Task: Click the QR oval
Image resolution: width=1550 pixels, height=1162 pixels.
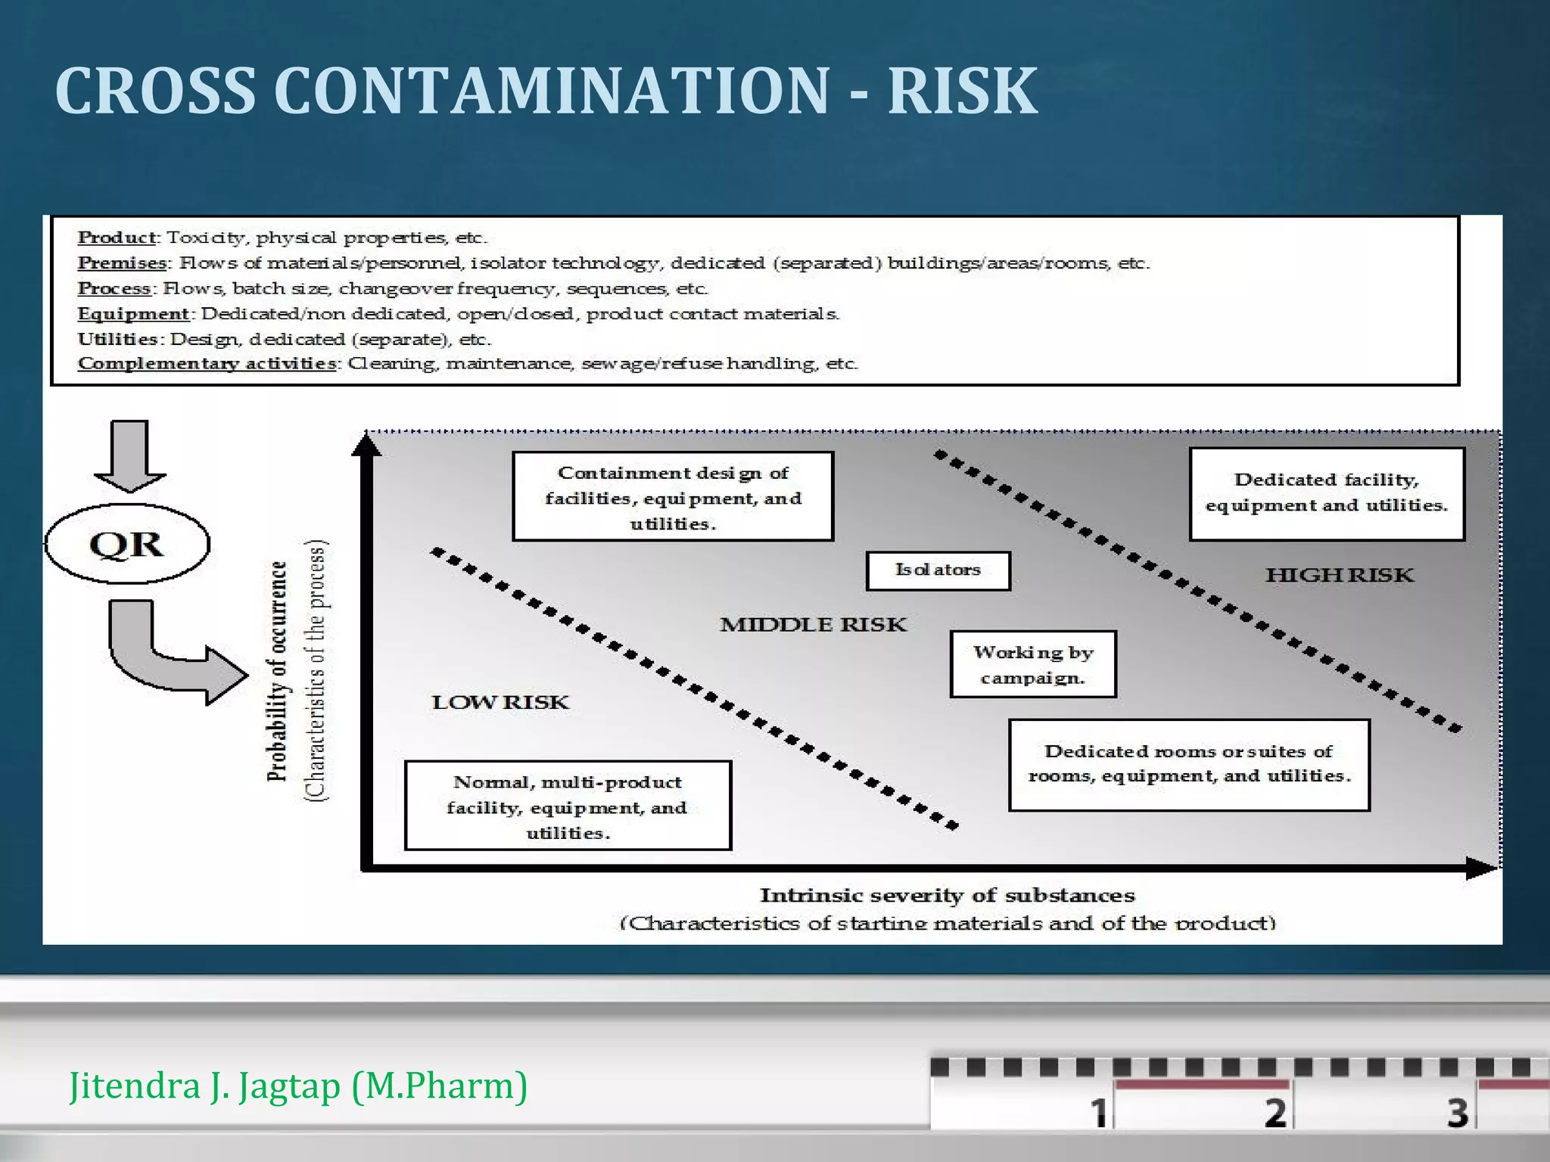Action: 127,544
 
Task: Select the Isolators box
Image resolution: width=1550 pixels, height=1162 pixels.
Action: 938,570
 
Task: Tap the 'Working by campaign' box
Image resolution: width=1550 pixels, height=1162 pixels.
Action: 1033,664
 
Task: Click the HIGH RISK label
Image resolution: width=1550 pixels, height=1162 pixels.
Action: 1339,575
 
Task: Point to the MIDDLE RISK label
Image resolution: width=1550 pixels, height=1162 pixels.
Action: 813,624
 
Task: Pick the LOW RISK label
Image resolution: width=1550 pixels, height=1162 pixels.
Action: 500,702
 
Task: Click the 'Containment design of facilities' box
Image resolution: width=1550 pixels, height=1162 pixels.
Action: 673,497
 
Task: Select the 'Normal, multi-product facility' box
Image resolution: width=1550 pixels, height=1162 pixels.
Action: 568,806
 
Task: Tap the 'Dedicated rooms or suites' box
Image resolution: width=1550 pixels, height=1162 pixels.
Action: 1189,764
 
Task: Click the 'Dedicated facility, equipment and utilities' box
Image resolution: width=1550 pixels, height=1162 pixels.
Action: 1327,493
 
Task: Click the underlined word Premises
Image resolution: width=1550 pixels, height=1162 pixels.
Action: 122,263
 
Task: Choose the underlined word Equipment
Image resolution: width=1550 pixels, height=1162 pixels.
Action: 133,313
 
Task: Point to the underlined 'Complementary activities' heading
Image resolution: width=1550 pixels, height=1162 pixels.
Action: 207,363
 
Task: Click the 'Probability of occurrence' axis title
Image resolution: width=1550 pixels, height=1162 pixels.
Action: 278,672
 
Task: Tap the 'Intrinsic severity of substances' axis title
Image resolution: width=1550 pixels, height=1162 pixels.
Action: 947,896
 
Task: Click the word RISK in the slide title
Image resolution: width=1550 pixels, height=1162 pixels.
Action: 962,91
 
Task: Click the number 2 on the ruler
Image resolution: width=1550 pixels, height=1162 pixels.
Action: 1275,1112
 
